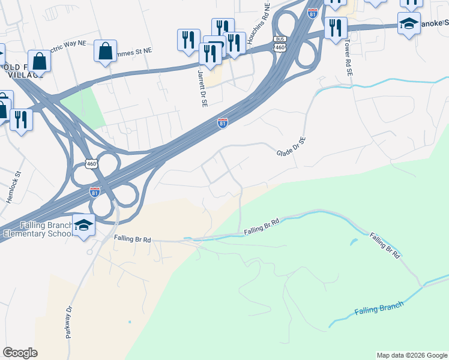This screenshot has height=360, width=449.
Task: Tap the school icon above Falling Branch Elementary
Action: pyautogui.click(x=84, y=225)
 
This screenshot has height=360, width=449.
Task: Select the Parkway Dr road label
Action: pyautogui.click(x=69, y=323)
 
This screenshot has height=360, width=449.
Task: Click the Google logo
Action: pyautogui.click(x=20, y=353)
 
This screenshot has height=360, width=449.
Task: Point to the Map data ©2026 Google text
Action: pyautogui.click(x=412, y=355)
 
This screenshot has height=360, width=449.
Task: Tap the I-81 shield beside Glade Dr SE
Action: pyautogui.click(x=223, y=122)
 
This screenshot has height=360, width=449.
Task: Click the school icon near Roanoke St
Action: pyautogui.click(x=409, y=23)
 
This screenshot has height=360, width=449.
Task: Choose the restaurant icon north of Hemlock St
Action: pyautogui.click(x=21, y=118)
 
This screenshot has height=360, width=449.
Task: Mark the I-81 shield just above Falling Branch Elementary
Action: pyautogui.click(x=95, y=193)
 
